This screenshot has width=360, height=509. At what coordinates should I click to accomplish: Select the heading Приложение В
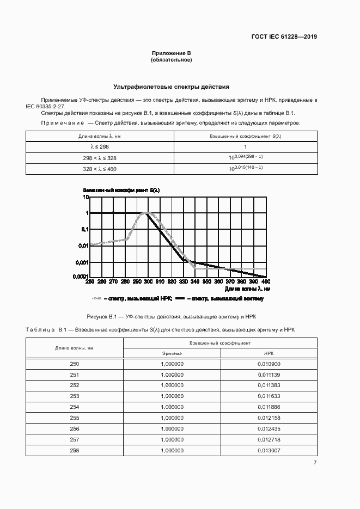171,53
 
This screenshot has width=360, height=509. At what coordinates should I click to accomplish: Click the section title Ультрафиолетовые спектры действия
171,87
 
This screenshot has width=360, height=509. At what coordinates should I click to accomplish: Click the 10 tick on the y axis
85,197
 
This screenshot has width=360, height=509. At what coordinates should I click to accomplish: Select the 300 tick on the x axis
148,281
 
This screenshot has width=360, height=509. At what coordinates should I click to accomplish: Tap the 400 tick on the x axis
265,281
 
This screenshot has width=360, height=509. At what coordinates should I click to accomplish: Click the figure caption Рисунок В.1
171,316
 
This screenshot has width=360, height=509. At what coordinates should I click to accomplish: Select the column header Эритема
173,353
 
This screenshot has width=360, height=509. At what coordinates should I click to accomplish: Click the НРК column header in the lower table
269,353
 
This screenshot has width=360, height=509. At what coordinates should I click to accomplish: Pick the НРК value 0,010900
269,364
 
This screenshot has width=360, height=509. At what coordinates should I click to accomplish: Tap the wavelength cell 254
75,407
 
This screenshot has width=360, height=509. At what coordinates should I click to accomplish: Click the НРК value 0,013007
269,450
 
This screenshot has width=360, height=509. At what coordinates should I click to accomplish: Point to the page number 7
315,463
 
